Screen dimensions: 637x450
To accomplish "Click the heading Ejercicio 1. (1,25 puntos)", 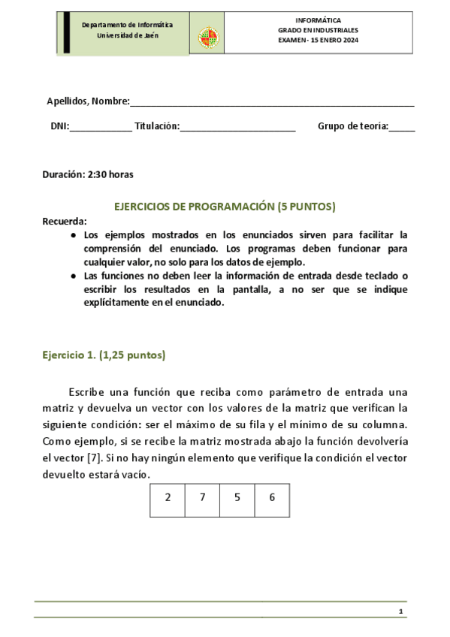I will pos(103,355).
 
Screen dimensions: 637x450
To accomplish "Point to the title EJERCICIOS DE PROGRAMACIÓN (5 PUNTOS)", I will pos(224,206).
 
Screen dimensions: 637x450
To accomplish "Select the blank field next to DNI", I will pos(100,128).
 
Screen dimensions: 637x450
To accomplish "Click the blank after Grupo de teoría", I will pos(402,128).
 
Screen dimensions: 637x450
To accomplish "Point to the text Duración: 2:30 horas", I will pos(88,174).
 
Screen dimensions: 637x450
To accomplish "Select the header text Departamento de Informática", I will pos(127,25).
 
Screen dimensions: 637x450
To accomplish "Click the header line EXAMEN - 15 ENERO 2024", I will pos(319,41).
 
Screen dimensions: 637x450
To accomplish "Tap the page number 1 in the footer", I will pos(401,613).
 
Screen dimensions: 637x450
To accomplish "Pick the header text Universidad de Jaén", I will pos(127,36).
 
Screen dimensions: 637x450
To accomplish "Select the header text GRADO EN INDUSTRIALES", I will pos(319,30).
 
